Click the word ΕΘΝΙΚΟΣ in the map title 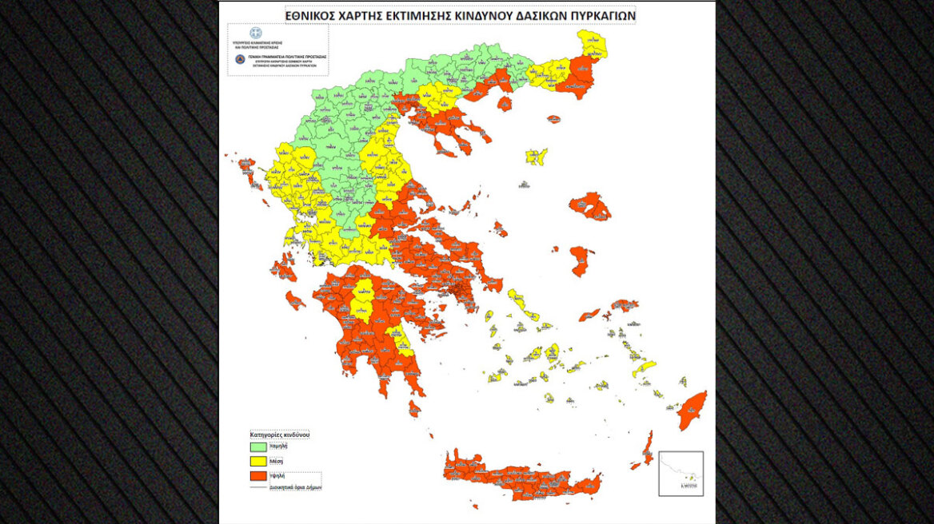point(316,14)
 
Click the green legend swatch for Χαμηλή point(257,448)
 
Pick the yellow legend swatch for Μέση point(257,462)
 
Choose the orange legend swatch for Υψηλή point(257,476)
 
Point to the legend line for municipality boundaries point(257,487)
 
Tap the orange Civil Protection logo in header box point(238,59)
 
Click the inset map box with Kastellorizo point(681,473)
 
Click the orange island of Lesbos point(591,206)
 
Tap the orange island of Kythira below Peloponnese point(414,408)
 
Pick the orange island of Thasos point(505,102)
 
